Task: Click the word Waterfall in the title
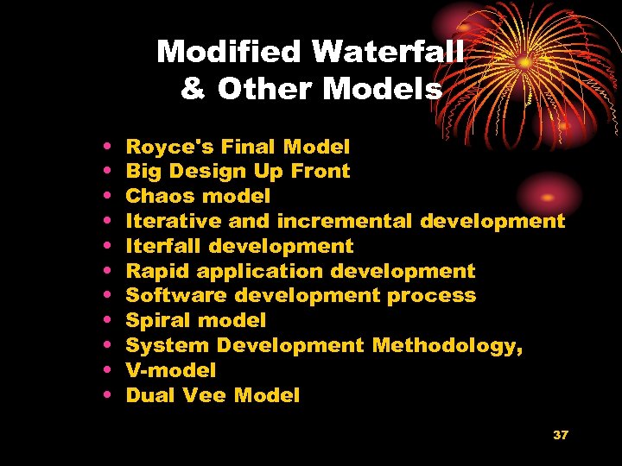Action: point(388,53)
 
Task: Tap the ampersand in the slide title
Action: point(194,89)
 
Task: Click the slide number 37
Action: point(561,434)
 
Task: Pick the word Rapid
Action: point(158,271)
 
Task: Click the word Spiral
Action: point(158,320)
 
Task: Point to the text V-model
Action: point(171,370)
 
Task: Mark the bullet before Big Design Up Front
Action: point(105,172)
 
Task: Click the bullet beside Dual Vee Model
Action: point(105,395)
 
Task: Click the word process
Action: point(431,295)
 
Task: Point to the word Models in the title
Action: point(387,89)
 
